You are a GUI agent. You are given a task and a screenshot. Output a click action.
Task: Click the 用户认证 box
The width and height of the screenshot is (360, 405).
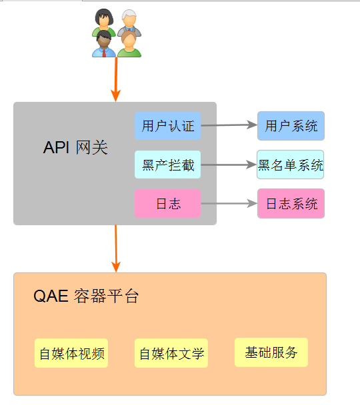167,126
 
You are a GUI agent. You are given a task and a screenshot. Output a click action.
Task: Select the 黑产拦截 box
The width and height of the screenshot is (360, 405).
167,165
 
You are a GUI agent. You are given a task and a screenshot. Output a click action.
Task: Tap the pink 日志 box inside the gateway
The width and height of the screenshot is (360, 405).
167,204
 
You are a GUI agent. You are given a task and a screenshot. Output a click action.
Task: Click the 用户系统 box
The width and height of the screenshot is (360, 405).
291,126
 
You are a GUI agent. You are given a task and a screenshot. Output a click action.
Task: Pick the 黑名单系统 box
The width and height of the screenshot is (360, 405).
291,165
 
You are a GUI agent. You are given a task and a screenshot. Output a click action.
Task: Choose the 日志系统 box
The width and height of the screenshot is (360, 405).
291,204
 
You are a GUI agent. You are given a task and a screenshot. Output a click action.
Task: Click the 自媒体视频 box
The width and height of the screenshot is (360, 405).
71,353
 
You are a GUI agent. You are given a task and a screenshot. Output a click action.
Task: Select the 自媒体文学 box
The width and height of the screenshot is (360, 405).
171,353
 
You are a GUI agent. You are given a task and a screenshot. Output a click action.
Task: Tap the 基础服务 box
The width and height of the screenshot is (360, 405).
271,352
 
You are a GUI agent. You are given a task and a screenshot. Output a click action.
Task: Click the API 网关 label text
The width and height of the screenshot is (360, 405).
75,148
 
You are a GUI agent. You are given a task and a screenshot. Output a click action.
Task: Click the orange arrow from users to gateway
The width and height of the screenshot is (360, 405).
116,79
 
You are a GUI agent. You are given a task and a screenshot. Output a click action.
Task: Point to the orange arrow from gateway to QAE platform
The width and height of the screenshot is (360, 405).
116,248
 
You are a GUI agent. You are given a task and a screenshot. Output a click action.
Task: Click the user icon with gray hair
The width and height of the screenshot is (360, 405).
129,23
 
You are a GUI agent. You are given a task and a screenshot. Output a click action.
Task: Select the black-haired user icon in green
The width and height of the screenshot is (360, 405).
103,22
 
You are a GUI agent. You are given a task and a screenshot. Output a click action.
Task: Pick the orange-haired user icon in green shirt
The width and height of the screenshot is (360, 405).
129,45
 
